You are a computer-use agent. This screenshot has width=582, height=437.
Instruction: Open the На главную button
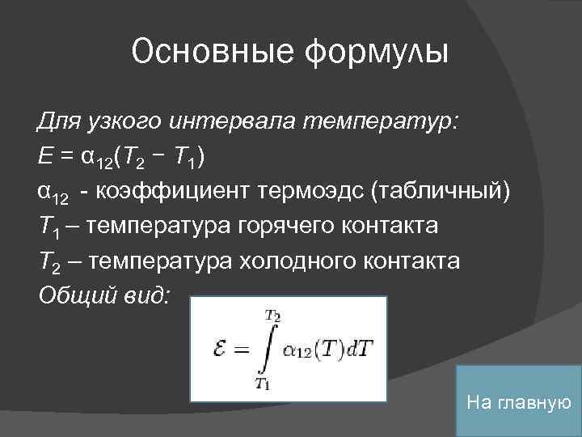(x=518, y=401)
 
